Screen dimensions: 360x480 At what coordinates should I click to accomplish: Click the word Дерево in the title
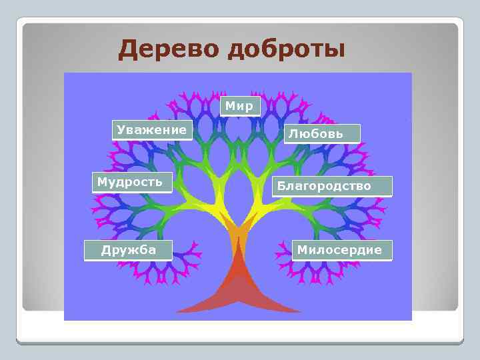coord(168,49)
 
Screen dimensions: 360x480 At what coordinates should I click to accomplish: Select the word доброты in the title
coord(286,49)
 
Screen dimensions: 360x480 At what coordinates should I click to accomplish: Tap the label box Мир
coord(239,106)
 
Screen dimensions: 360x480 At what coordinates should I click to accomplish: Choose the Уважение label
coord(151,130)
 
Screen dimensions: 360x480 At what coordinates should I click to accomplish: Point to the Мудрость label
coord(131,182)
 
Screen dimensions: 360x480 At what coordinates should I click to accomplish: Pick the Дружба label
coord(128,250)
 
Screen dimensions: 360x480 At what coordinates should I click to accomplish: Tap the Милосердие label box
coord(341,250)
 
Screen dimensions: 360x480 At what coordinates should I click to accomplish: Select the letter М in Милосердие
coord(302,250)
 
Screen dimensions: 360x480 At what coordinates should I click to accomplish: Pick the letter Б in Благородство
coord(282,186)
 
